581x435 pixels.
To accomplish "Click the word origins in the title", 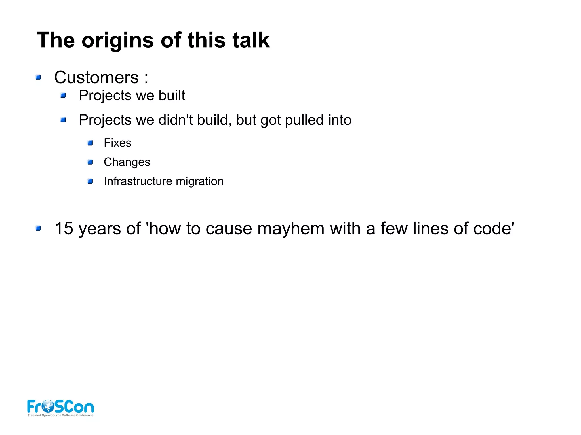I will (117, 41).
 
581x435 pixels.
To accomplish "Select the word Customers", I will (96, 77).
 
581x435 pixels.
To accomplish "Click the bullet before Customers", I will (38, 77).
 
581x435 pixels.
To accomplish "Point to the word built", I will (172, 96).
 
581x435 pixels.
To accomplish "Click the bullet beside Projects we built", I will (63, 96).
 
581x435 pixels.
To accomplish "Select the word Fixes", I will (117, 143).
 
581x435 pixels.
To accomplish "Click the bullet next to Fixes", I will (90, 143).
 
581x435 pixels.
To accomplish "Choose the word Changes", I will (127, 162).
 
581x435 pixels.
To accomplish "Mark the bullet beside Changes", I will (90, 162).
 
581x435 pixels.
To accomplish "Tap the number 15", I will (64, 228).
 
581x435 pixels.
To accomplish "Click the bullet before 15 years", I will (38, 228).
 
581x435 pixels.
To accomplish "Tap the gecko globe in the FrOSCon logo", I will (48, 406).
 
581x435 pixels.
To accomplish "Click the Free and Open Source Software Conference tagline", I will (61, 415).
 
